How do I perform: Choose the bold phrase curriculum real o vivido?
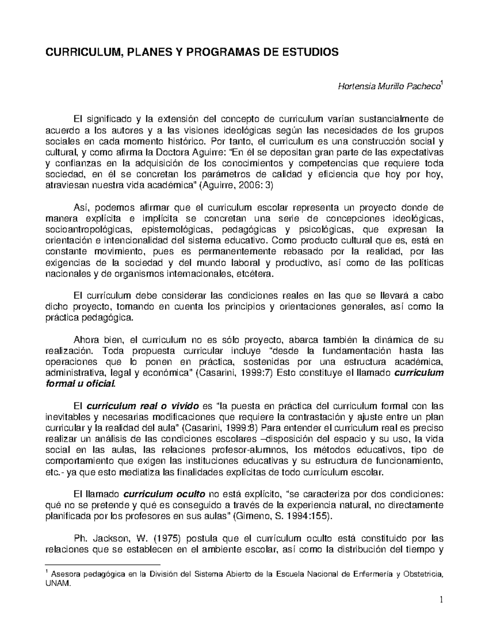click(x=143, y=406)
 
